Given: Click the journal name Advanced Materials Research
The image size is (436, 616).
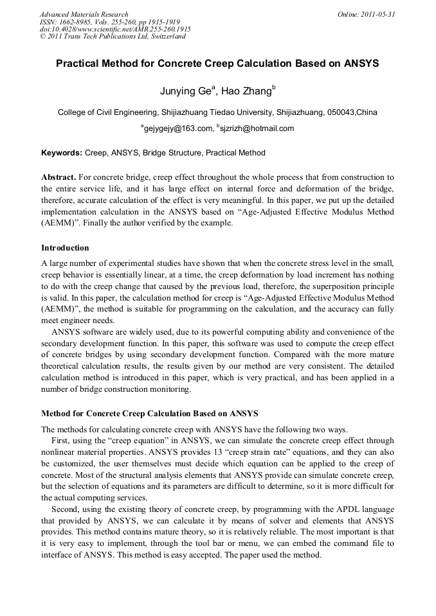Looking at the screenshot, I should (x=84, y=14).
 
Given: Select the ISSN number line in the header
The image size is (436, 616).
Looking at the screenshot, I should (x=109, y=22).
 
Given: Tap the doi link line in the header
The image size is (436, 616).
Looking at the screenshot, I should (x=115, y=29).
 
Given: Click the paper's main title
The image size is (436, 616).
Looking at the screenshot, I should (x=217, y=64).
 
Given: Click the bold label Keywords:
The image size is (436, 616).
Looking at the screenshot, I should (x=62, y=153).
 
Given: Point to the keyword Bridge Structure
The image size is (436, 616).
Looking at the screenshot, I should (x=179, y=153).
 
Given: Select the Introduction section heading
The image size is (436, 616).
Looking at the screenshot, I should (x=65, y=247).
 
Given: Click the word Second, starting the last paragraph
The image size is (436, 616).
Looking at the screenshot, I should (x=66, y=509).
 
